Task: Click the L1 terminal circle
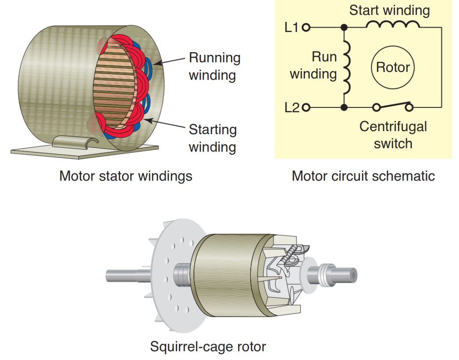[x=306, y=28]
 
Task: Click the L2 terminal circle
[x=306, y=107]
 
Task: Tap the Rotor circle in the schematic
[x=393, y=67]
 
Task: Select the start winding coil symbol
[x=392, y=25]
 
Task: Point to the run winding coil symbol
[x=347, y=67]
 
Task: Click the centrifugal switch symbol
[x=392, y=106]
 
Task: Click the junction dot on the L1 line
[x=344, y=28]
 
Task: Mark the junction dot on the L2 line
[x=344, y=107]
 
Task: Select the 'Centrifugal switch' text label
[x=393, y=135]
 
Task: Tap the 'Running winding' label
[x=214, y=66]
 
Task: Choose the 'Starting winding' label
[x=213, y=138]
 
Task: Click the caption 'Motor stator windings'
[x=126, y=176]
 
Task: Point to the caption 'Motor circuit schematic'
[x=363, y=176]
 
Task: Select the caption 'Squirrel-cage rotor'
[x=208, y=346]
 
